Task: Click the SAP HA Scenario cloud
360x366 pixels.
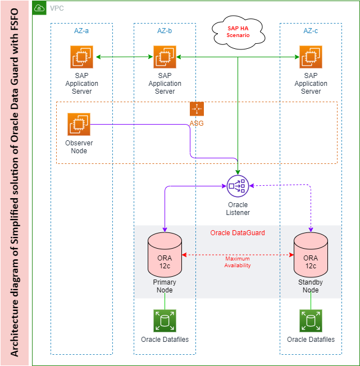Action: (238, 31)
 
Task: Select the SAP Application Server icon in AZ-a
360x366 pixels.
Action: (82, 57)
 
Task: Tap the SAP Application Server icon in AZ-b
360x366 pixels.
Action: (165, 57)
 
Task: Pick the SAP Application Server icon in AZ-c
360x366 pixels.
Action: (311, 57)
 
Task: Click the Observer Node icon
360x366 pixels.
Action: (79, 125)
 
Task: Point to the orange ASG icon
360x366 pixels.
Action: (197, 109)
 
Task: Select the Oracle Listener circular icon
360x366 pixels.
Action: (238, 186)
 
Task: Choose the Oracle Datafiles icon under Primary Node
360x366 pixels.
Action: (165, 321)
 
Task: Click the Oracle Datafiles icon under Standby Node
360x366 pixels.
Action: (311, 321)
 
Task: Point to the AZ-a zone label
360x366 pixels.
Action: (81, 31)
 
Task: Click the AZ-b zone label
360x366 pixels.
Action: (165, 31)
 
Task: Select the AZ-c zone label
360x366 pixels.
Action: (311, 31)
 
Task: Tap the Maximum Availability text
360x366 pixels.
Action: (238, 262)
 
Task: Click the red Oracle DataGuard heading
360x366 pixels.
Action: (238, 233)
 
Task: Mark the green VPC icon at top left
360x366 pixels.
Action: (39, 8)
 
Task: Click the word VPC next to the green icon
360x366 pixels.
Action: (57, 8)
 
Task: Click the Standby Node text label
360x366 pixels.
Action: (311, 286)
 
